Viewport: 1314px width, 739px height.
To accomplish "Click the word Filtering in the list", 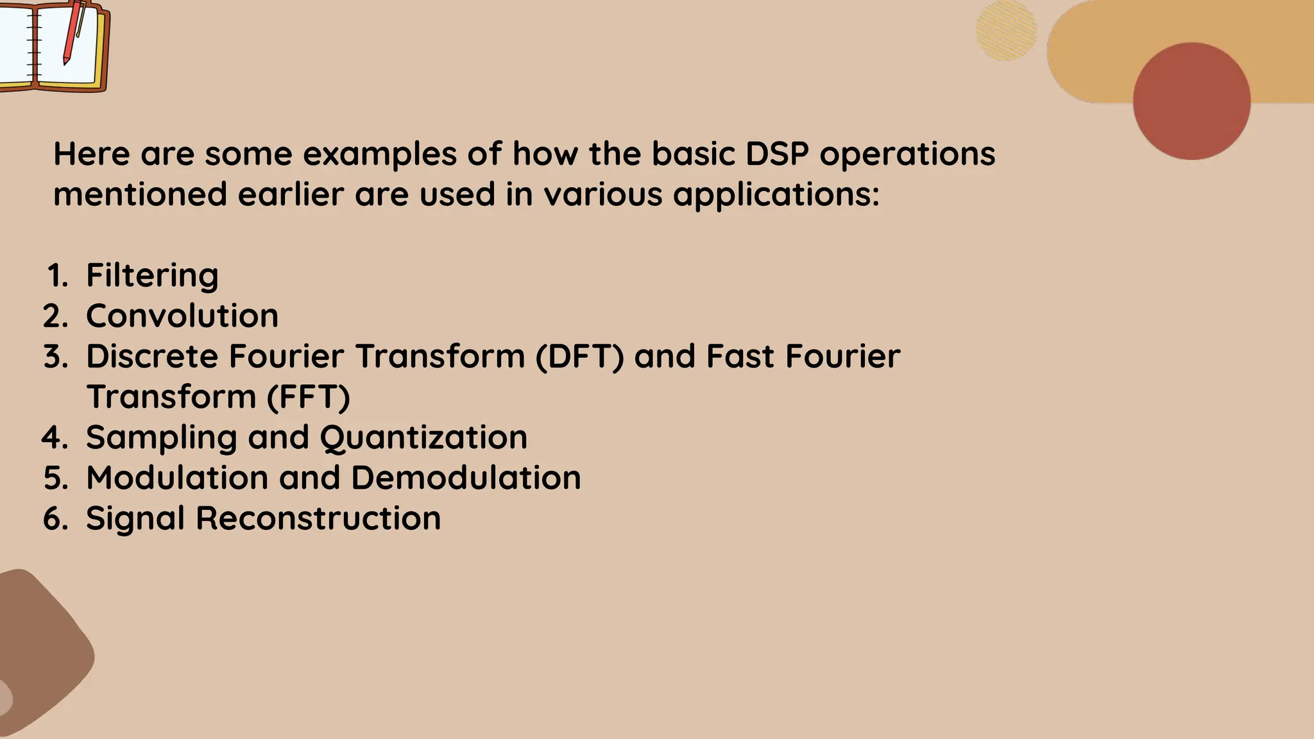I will (x=152, y=276).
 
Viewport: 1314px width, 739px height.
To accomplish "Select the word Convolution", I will (x=182, y=316).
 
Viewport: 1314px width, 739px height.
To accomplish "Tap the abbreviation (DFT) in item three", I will (x=579, y=357).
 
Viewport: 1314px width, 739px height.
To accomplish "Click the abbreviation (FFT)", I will (x=308, y=397).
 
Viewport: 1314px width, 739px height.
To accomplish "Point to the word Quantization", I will (x=423, y=438).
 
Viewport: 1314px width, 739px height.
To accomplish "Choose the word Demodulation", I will (x=466, y=479).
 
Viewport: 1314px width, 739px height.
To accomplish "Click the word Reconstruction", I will (x=318, y=518).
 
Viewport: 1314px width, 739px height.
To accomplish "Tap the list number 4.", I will (x=54, y=437).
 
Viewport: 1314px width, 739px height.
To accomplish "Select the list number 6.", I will (x=55, y=518).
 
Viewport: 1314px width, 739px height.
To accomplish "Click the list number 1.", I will (x=57, y=276).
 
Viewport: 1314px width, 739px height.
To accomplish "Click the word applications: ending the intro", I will (x=776, y=195).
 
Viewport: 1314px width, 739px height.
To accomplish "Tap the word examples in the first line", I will (x=379, y=154).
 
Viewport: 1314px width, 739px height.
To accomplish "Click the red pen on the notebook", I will (x=73, y=32).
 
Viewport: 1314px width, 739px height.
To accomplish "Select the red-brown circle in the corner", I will (x=1191, y=101).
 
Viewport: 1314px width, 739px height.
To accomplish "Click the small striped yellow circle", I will (x=1005, y=31).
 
